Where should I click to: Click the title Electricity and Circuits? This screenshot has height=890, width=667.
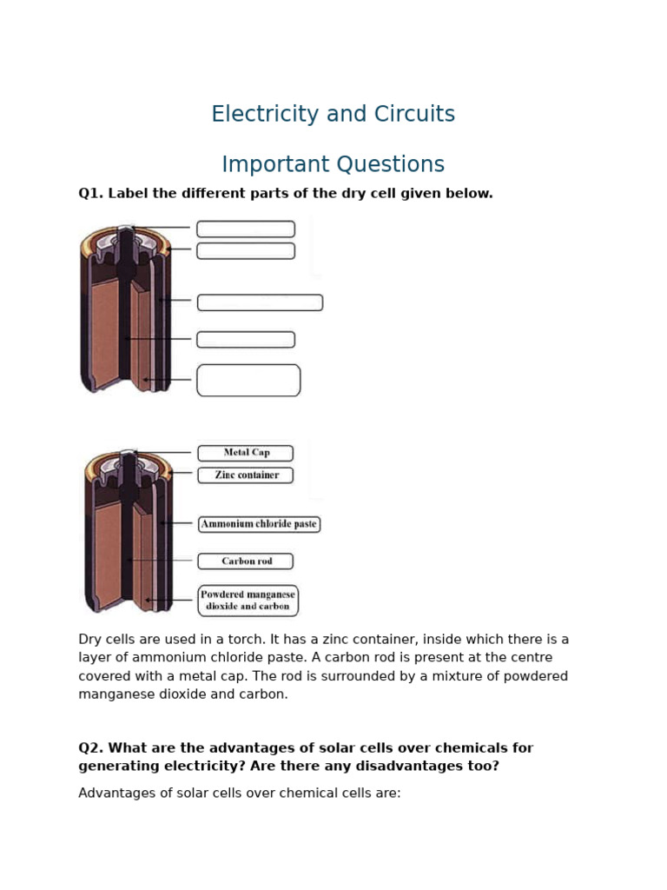(x=333, y=114)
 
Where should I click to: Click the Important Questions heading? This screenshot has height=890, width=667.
(x=333, y=164)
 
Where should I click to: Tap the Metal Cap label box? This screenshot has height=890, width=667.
(x=246, y=453)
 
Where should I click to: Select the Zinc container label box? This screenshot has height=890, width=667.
(x=246, y=475)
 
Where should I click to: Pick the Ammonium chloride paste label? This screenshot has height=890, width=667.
(x=259, y=524)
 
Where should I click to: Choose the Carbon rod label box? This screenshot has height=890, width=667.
(x=246, y=561)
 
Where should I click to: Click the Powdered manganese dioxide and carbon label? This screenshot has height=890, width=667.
(x=248, y=601)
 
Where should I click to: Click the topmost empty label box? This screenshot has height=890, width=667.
(x=246, y=229)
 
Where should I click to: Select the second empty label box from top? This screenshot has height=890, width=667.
(x=246, y=251)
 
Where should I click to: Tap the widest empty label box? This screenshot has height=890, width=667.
(x=260, y=302)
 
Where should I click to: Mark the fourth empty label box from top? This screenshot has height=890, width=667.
(x=246, y=340)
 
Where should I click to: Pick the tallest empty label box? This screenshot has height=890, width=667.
(x=248, y=381)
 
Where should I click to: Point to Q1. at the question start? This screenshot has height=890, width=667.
(x=90, y=194)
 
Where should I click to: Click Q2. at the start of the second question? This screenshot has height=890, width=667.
(x=90, y=748)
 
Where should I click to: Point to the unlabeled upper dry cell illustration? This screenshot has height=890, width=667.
(x=126, y=309)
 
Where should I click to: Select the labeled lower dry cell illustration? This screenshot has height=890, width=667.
(x=129, y=532)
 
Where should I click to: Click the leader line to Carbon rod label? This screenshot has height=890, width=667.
(x=165, y=561)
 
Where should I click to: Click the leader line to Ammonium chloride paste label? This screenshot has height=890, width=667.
(x=179, y=523)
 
